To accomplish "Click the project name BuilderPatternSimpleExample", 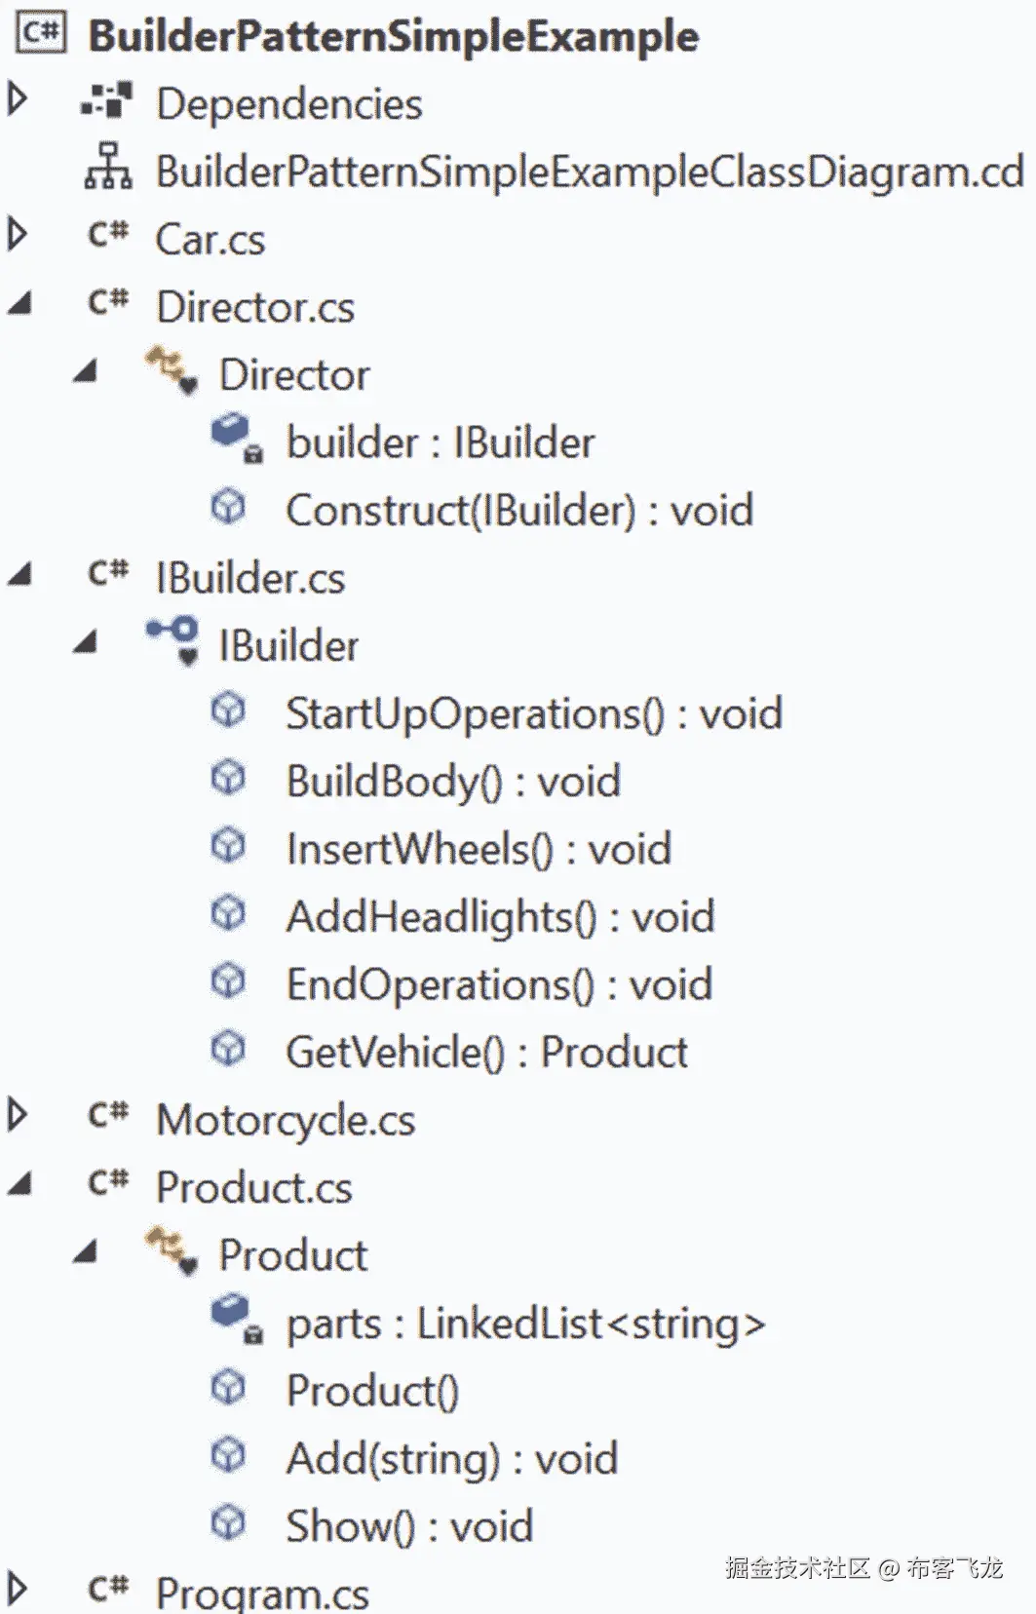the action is click(393, 37).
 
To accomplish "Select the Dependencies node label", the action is click(288, 104).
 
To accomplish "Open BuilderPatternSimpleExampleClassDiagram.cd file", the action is click(589, 173).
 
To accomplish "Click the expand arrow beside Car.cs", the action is click(17, 235).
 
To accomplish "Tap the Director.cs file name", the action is click(254, 308).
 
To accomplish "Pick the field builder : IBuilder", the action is click(440, 443).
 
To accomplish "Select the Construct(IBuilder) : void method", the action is click(518, 511).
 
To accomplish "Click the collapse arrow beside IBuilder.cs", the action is click(19, 575).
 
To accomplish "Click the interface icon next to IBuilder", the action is click(173, 638).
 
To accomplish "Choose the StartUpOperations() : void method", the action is click(533, 714).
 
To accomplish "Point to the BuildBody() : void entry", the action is click(452, 782).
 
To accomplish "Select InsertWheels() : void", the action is click(478, 850).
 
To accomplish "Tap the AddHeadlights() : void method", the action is click(499, 917).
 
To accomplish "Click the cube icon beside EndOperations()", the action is click(228, 981).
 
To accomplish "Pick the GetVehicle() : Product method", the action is click(486, 1053).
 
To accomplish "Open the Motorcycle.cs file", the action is click(285, 1121).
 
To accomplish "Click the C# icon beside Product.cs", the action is click(108, 1184).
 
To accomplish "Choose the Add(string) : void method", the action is click(451, 1459).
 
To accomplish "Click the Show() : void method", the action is click(408, 1526).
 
